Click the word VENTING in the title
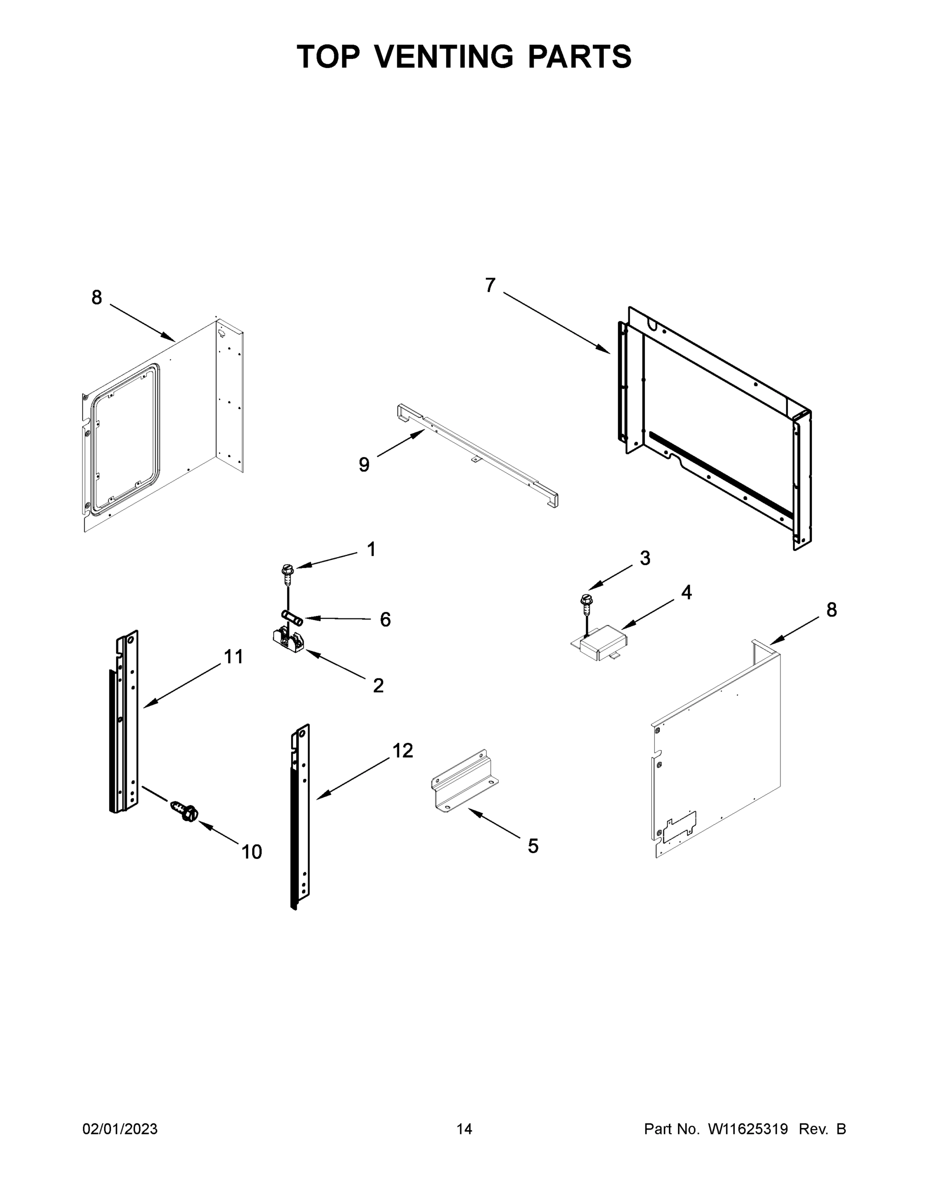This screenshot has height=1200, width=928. (445, 56)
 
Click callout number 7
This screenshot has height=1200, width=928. (490, 285)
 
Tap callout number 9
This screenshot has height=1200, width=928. (364, 465)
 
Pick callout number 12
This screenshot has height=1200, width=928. (402, 750)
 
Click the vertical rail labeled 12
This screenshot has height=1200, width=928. (300, 817)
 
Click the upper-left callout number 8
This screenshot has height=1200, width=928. (97, 297)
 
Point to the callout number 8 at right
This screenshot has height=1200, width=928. (831, 609)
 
